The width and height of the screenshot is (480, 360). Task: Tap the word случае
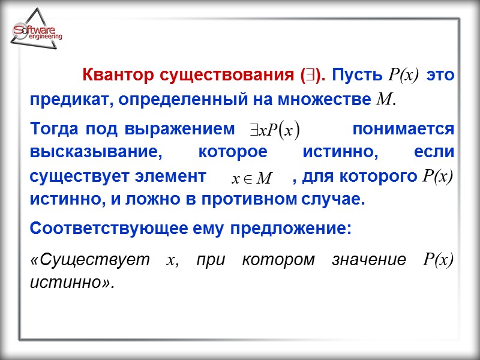click(x=332, y=199)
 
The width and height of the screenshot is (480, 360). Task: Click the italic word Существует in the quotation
click(x=90, y=260)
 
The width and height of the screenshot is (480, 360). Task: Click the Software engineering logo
click(x=36, y=33)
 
